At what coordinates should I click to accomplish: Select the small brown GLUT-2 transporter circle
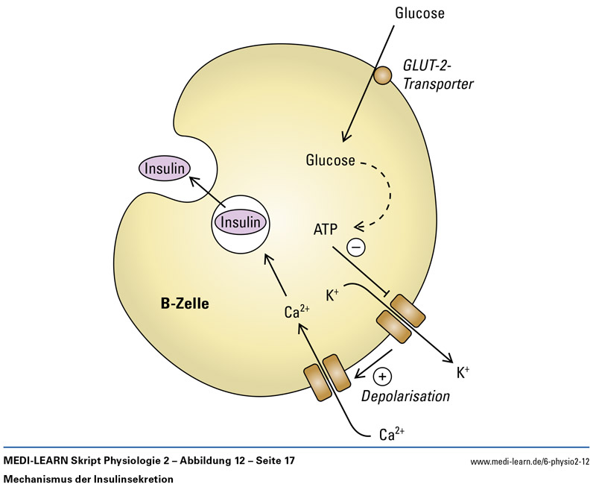[382, 75]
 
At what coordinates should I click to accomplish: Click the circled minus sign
[357, 246]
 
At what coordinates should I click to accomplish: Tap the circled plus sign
[382, 377]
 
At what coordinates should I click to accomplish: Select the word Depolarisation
[405, 396]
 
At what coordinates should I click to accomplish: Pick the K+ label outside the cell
[463, 371]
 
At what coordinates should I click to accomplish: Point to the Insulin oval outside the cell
[163, 168]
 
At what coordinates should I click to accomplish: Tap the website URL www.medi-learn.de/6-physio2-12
[525, 462]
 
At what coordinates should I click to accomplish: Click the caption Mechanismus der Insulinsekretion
[89, 478]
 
